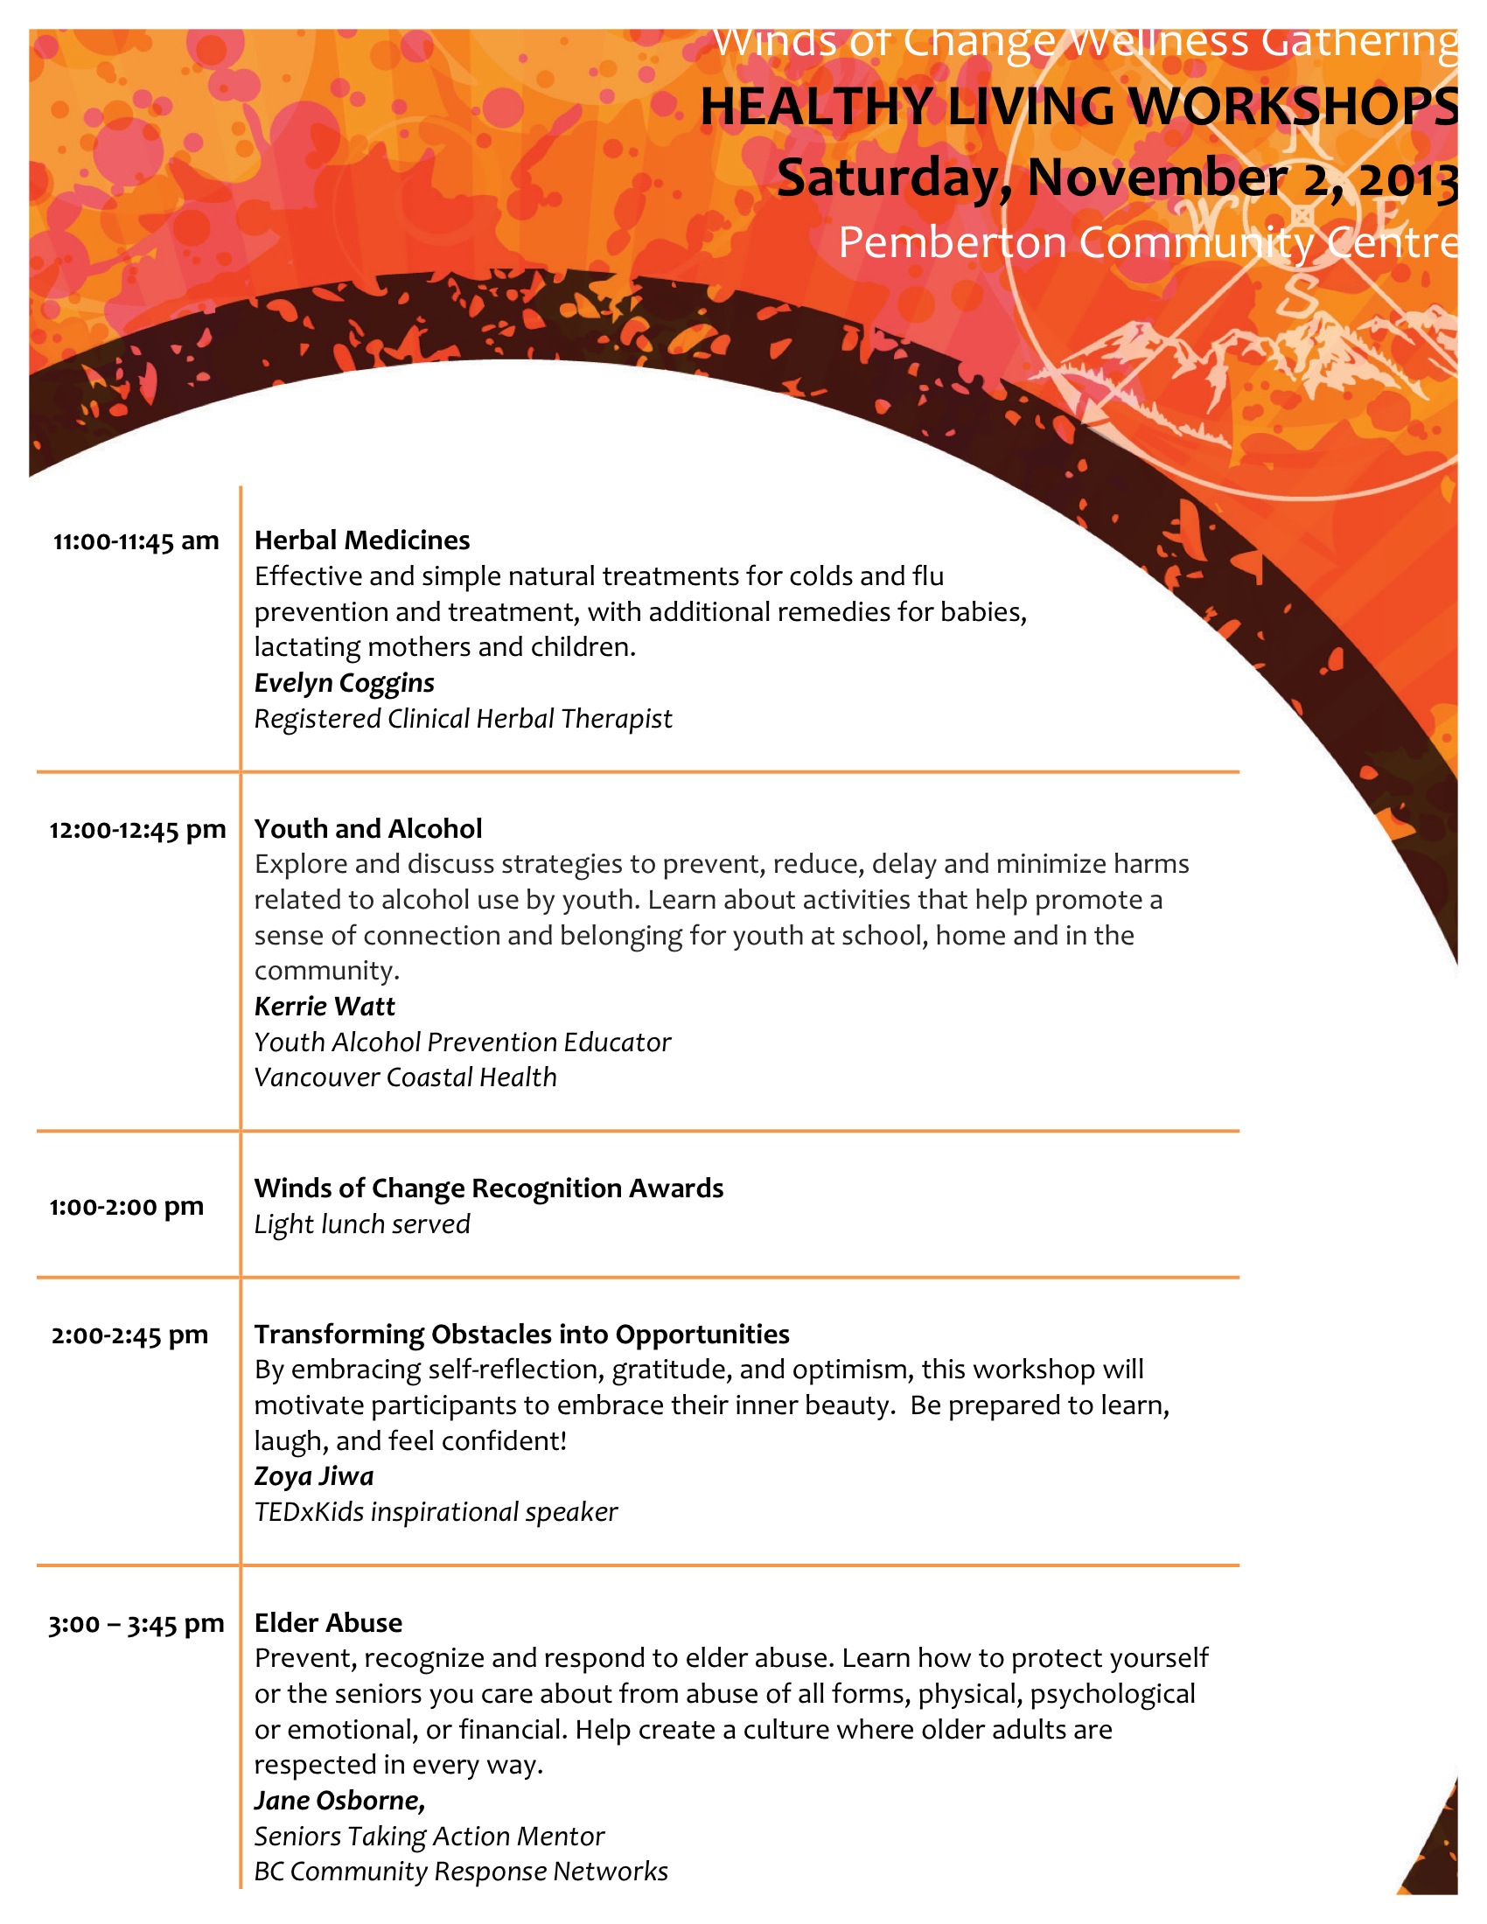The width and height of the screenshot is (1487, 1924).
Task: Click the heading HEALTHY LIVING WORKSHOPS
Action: click(1079, 107)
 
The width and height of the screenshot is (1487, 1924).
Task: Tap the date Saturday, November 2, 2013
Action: click(1117, 178)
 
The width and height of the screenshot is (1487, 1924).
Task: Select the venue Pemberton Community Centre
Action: click(1147, 242)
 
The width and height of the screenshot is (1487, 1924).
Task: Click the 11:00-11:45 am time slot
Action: click(136, 540)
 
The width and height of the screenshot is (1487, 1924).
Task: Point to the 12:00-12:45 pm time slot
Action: click(137, 830)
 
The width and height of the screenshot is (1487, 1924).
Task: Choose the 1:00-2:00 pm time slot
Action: click(127, 1207)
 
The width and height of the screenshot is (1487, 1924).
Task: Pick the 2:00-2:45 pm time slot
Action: click(130, 1335)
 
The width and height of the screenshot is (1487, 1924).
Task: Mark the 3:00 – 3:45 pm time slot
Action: click(136, 1625)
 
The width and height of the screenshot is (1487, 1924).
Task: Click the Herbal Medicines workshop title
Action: click(362, 540)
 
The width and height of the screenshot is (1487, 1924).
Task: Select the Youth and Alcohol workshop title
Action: click(368, 829)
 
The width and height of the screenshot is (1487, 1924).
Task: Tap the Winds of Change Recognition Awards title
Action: click(489, 1189)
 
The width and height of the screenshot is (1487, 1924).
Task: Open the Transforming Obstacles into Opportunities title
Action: click(521, 1335)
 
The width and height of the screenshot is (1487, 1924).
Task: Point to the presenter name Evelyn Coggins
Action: click(345, 683)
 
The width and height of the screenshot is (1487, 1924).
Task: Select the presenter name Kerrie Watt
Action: click(325, 1006)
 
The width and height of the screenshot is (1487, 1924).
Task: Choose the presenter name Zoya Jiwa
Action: click(315, 1476)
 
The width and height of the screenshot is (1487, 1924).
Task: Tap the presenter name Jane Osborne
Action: click(339, 1801)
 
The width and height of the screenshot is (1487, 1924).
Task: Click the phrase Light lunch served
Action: click(362, 1224)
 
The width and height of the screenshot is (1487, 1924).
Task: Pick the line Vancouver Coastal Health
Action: click(406, 1077)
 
